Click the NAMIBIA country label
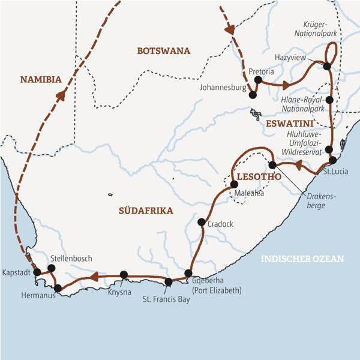click(41, 79)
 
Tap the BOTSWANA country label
click(163, 51)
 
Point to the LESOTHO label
click(257, 178)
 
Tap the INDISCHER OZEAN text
click(302, 259)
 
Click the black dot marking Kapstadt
click(37, 272)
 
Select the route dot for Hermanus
click(58, 289)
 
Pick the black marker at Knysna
click(124, 275)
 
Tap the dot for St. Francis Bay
click(169, 281)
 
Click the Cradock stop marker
click(202, 223)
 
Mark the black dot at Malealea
click(234, 184)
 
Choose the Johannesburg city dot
click(253, 95)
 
